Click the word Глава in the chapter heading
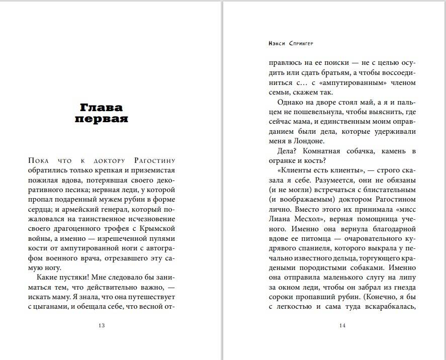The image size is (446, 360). [x=101, y=108]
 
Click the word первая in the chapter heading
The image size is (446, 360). [x=101, y=120]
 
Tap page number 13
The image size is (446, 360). [x=101, y=325]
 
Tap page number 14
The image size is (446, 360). [x=342, y=325]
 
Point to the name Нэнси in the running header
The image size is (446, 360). [x=278, y=44]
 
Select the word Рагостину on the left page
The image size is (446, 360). [x=155, y=161]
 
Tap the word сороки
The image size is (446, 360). [x=281, y=296]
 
